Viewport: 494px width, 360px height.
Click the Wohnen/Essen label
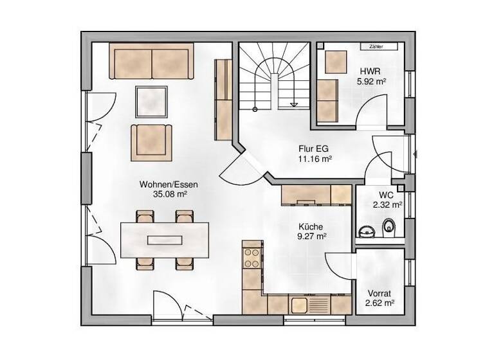pyautogui.click(x=169, y=184)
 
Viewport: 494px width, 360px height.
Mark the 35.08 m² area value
pyautogui.click(x=169, y=194)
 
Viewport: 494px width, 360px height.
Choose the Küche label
pyautogui.click(x=311, y=226)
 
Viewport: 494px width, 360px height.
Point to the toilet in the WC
pyautogui.click(x=389, y=226)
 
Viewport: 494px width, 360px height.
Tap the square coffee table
pyautogui.click(x=152, y=100)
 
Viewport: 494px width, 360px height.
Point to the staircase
pyautogui.click(x=274, y=77)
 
